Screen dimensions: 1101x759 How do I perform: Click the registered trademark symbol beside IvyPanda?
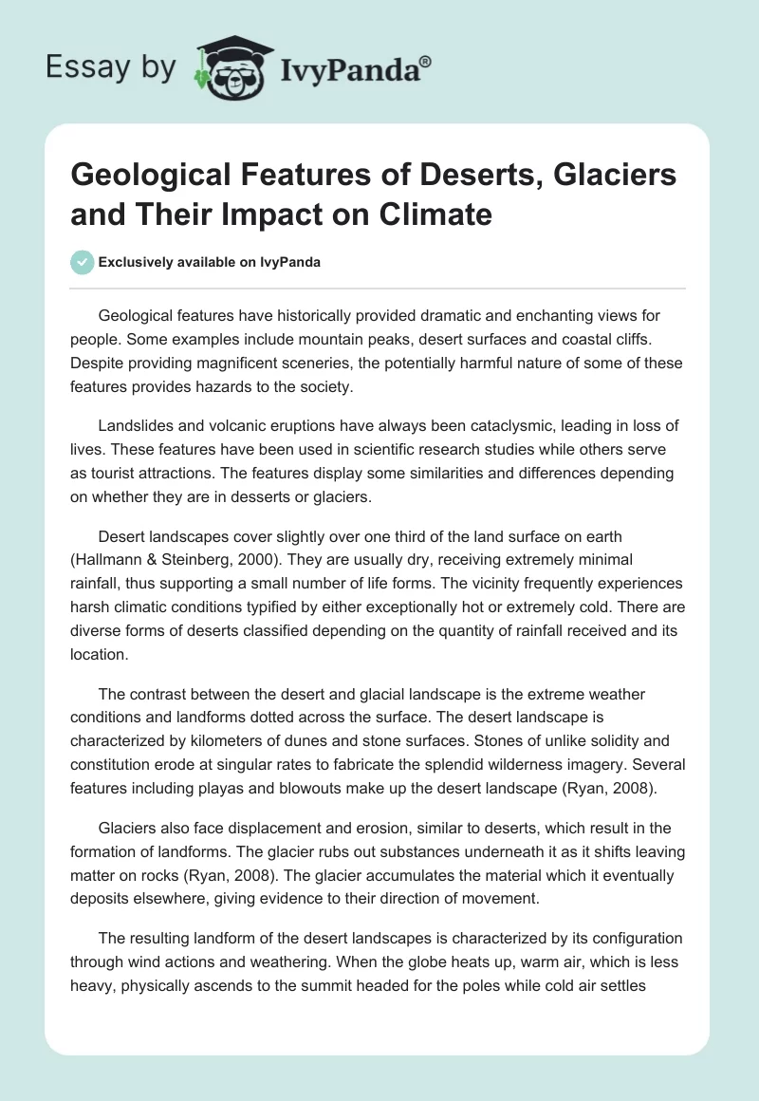[427, 62]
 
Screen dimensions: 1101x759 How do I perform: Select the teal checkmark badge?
[83, 262]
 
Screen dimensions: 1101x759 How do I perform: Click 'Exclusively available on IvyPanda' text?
[210, 263]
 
